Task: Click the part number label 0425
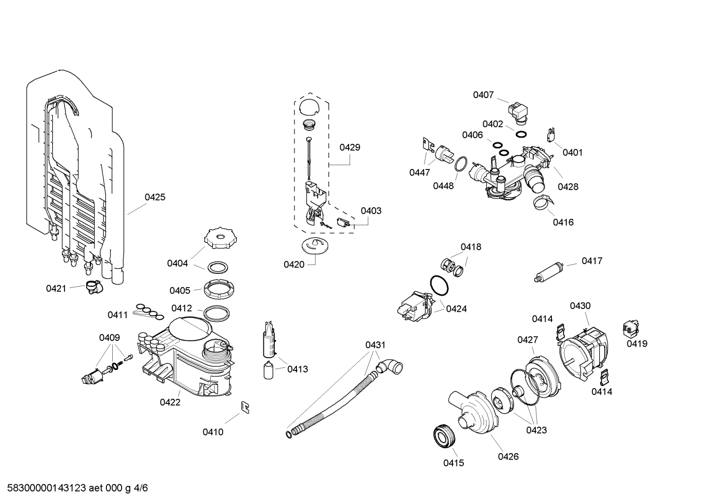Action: coord(155,197)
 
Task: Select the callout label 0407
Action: coord(483,95)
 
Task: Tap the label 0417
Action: coord(591,261)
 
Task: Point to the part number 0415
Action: coord(453,463)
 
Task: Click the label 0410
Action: coord(213,432)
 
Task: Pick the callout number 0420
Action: coord(293,265)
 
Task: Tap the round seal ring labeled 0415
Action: coord(445,436)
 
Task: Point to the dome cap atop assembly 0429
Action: coord(309,106)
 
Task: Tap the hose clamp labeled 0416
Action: coord(543,202)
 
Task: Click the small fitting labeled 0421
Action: coord(92,287)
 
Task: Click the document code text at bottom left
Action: coord(74,488)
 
